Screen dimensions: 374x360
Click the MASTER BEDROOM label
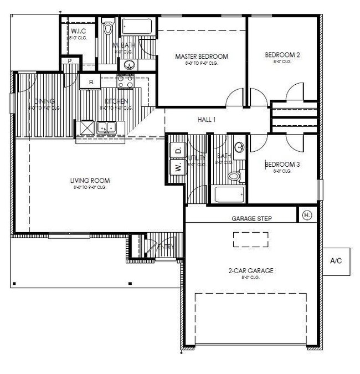click(x=202, y=57)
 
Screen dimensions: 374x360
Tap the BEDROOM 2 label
click(x=282, y=55)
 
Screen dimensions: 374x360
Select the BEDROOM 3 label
click(x=282, y=165)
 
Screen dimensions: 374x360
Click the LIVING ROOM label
click(x=90, y=181)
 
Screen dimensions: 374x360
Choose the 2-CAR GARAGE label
click(x=251, y=271)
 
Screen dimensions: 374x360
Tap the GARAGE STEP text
click(x=251, y=219)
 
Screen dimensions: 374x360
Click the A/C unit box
click(x=336, y=260)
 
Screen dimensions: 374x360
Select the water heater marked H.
click(x=307, y=214)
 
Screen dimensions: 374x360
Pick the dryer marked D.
click(x=178, y=151)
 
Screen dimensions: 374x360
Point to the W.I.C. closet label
click(x=77, y=31)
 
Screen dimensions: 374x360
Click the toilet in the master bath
click(x=107, y=27)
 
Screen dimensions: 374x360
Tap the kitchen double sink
click(x=106, y=127)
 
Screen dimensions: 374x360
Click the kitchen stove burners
click(x=126, y=81)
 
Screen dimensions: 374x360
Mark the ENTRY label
click(x=166, y=247)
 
